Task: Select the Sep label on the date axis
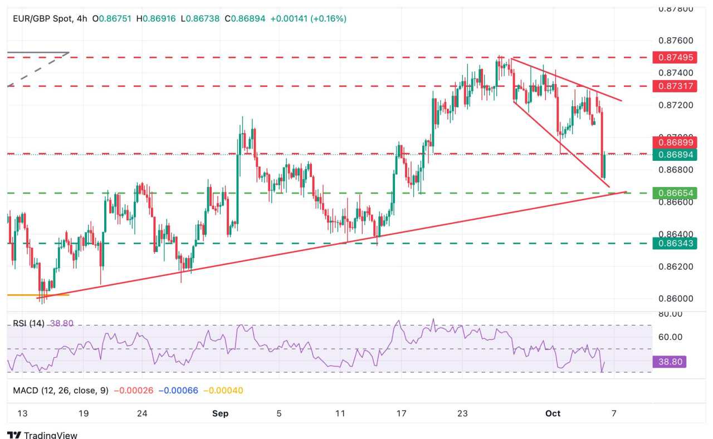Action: pyautogui.click(x=221, y=413)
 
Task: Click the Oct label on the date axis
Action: pyautogui.click(x=553, y=413)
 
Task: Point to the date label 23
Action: pyautogui.click(x=462, y=413)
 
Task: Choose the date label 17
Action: pyautogui.click(x=402, y=413)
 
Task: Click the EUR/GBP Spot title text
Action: pyautogui.click(x=42, y=18)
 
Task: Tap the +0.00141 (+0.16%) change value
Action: pyautogui.click(x=308, y=18)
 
